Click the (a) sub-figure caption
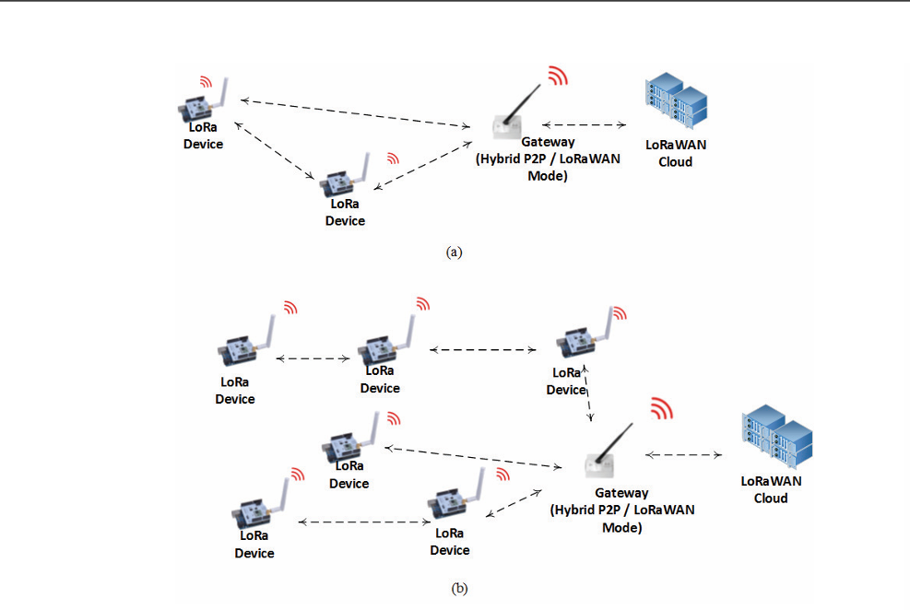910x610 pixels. [x=453, y=252]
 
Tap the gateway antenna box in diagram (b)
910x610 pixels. [x=602, y=463]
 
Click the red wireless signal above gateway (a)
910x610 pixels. [x=557, y=75]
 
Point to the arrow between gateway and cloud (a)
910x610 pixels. [x=584, y=123]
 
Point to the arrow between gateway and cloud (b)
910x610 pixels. [x=683, y=454]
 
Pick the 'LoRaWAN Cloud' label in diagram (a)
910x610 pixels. [x=676, y=153]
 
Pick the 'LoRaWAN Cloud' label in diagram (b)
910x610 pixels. [x=771, y=489]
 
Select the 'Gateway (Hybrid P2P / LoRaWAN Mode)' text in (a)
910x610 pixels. [x=548, y=158]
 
